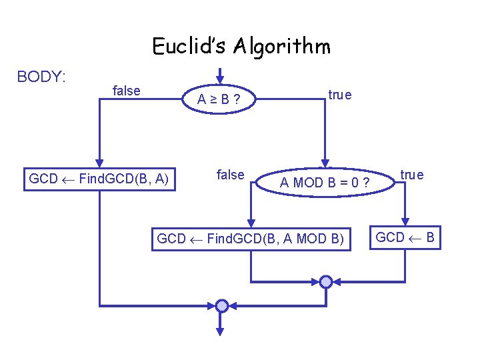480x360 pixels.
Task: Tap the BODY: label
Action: coord(41,77)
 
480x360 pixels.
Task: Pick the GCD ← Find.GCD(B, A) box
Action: coord(99,179)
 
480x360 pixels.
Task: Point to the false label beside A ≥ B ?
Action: coord(127,91)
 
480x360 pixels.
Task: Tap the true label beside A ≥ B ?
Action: coord(339,95)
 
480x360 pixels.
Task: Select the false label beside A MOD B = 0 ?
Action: coord(230,175)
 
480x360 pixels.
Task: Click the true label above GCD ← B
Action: coord(411,175)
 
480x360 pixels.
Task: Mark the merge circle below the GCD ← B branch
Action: coord(325,281)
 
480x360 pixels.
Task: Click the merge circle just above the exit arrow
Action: coord(221,305)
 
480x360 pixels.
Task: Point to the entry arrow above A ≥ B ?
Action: coord(220,74)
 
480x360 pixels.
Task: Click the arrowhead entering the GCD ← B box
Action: coord(405,223)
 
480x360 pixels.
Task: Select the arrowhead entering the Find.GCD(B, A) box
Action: coord(99,161)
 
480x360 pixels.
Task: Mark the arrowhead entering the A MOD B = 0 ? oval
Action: coord(325,161)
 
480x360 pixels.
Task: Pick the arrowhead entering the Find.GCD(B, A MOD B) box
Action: coord(251,223)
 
